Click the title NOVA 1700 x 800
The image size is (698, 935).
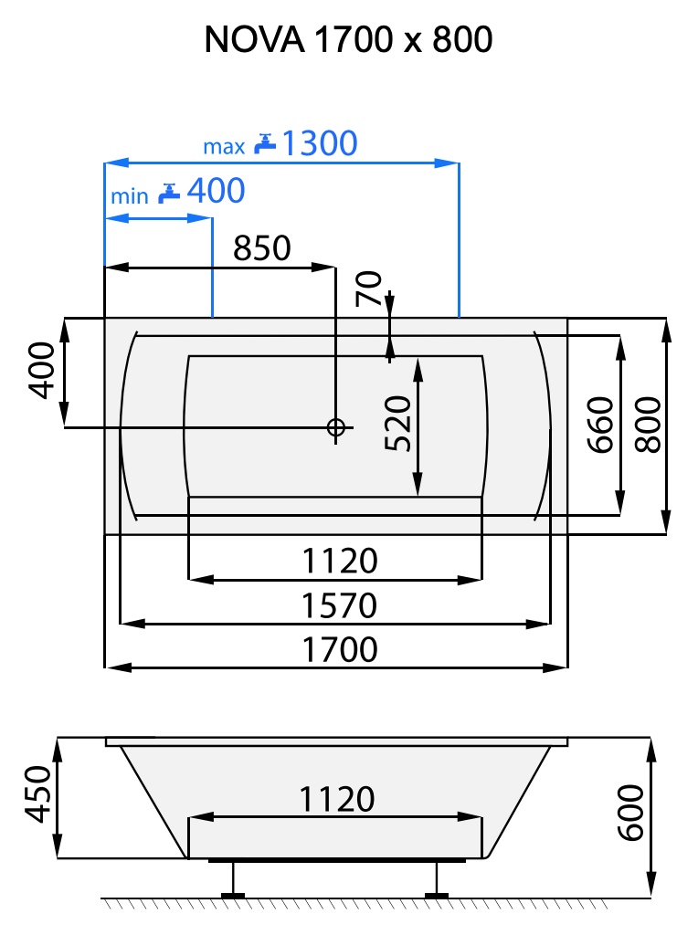tap(348, 39)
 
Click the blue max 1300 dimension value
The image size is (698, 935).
tap(318, 143)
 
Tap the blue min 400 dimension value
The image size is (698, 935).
tap(216, 191)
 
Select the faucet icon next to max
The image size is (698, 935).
tap(265, 143)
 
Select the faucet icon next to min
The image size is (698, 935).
tap(169, 192)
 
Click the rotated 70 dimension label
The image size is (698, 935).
tap(367, 289)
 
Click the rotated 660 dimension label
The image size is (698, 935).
tap(599, 425)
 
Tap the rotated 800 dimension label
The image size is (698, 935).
tap(647, 425)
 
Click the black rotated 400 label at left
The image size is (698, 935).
tap(40, 371)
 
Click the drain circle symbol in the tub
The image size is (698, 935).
tap(335, 426)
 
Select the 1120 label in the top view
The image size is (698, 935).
tap(339, 561)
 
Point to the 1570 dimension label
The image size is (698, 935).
tap(339, 605)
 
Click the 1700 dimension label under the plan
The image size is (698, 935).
tap(339, 649)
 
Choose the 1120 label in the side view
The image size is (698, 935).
tap(336, 800)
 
